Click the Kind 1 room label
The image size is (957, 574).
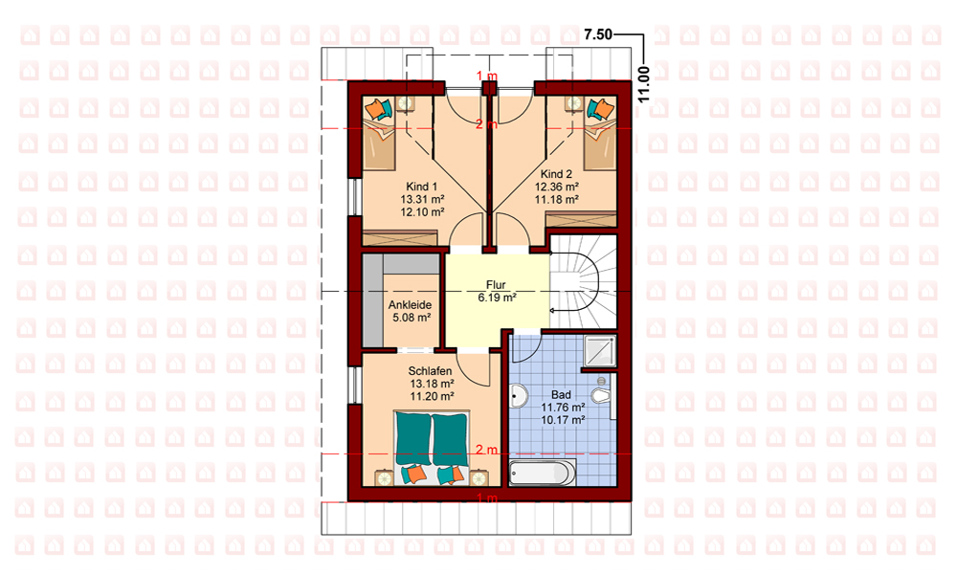click(422, 187)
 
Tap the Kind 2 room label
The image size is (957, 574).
click(556, 174)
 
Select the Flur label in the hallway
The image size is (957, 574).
click(496, 285)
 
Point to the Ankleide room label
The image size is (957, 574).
click(411, 305)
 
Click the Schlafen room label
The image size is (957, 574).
click(431, 371)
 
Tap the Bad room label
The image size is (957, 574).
click(561, 395)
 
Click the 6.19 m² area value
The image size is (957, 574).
click(498, 298)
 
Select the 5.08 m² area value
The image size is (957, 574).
click(412, 318)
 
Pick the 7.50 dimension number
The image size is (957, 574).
click(598, 34)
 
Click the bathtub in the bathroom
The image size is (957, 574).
click(542, 474)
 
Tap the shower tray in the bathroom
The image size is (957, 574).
click(599, 351)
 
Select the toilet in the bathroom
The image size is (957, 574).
click(603, 395)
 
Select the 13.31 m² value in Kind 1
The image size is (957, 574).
click(422, 200)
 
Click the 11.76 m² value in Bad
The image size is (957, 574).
click(563, 408)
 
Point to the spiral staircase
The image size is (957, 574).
click(584, 282)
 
